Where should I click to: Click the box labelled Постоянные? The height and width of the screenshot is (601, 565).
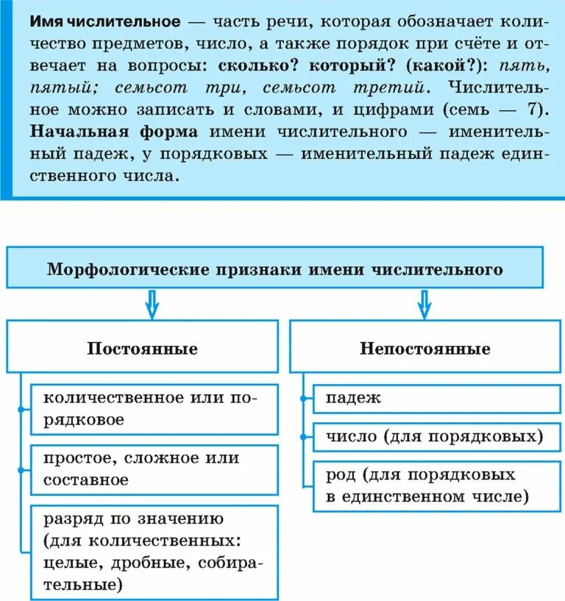143,348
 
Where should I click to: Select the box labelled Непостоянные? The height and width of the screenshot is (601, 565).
424,348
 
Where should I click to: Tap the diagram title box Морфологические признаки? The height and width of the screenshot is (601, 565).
275,269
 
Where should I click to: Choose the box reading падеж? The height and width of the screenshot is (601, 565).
437,398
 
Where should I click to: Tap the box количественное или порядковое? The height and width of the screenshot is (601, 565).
154,409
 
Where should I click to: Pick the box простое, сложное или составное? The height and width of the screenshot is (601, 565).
154,469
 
